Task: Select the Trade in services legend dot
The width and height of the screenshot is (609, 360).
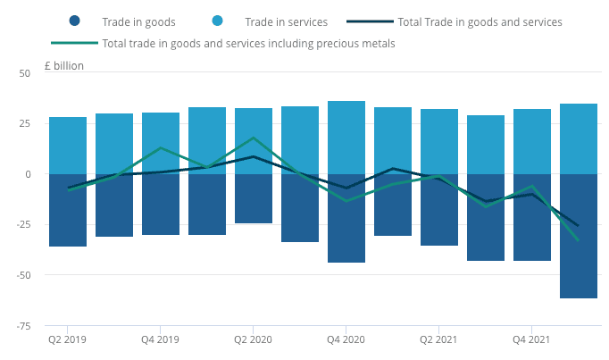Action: tap(216, 21)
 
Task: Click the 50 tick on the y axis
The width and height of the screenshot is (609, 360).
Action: tap(25, 73)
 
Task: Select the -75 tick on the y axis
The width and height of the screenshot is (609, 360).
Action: tap(22, 325)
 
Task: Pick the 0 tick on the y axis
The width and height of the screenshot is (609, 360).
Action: tap(28, 174)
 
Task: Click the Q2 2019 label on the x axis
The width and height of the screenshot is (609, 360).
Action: tap(68, 339)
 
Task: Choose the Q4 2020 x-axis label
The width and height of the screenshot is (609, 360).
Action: tap(346, 339)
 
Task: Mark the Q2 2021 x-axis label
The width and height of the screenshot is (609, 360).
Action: tap(439, 339)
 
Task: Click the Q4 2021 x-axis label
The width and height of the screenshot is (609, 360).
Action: tap(532, 339)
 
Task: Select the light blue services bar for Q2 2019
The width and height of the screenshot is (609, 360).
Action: tap(68, 146)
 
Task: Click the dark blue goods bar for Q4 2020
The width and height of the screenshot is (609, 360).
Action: tap(346, 218)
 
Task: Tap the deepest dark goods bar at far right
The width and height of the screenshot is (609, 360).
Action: tap(579, 236)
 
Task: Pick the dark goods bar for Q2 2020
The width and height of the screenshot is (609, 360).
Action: tap(254, 198)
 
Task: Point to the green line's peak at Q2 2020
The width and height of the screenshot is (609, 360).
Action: tap(254, 138)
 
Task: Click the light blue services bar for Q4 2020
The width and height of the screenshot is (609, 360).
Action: tap(346, 138)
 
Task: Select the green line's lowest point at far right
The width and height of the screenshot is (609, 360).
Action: tap(579, 240)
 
